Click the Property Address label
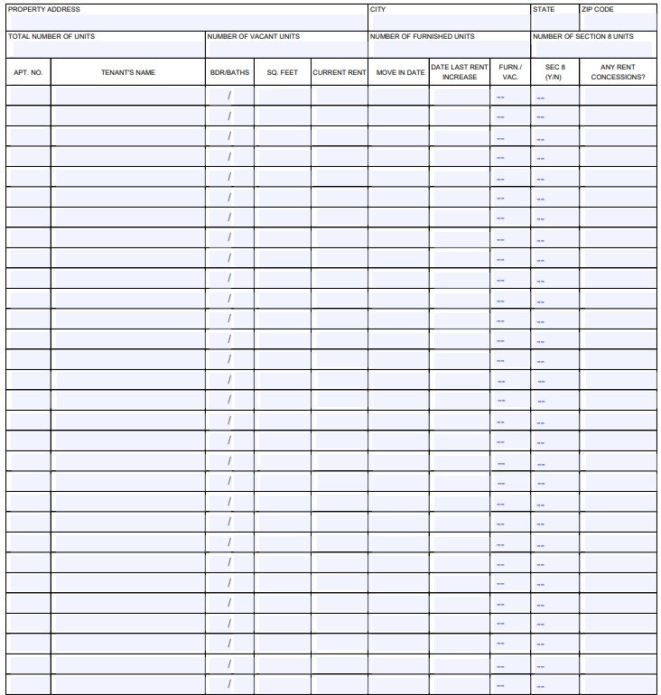pos(43,10)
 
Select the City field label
pos(377,10)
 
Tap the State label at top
pos(544,10)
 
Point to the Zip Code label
pos(598,10)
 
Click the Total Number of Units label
pos(51,37)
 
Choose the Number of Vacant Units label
pos(254,37)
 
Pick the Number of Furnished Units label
pos(422,37)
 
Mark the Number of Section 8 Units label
pos(583,37)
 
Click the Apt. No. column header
pos(28,72)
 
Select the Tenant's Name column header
pos(128,72)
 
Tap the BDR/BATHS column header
pos(229,72)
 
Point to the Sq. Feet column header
pos(283,72)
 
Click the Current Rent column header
pos(340,72)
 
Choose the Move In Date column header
pos(400,72)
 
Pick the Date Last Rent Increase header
pos(460,72)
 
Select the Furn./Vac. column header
pos(510,72)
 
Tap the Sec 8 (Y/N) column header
pos(554,72)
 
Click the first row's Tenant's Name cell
pos(128,95)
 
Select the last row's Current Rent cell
pos(340,684)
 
